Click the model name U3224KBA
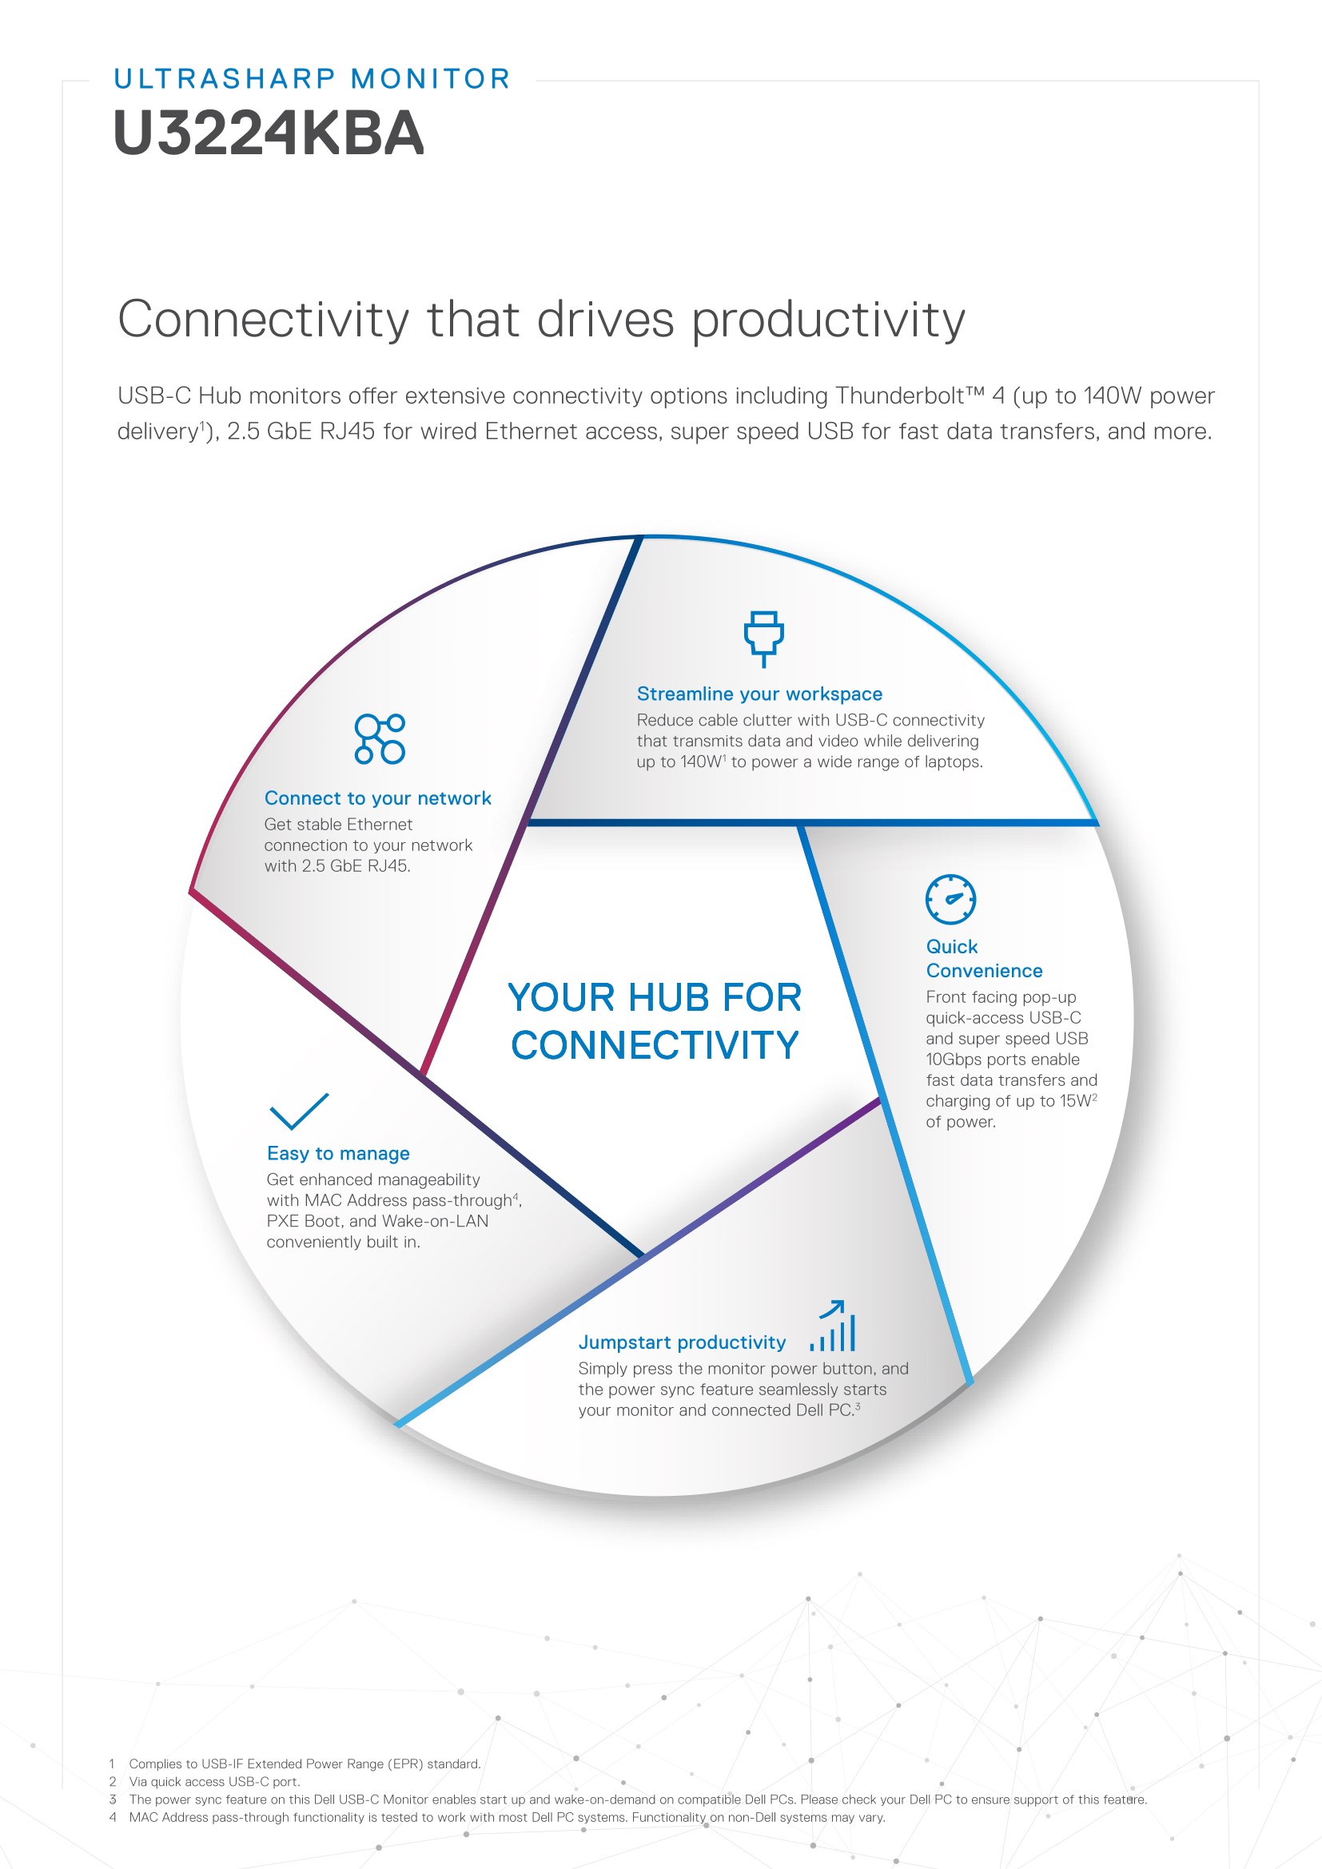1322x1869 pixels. [x=269, y=133]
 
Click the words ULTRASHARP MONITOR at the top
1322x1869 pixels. [x=313, y=79]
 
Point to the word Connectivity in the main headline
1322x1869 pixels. [x=264, y=319]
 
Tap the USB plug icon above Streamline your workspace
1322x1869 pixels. [x=763, y=638]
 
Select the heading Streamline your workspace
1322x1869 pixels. [x=759, y=694]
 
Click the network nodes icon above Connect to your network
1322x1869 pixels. [x=380, y=739]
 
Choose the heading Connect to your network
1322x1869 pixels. [x=378, y=797]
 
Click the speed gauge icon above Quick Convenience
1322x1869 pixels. [x=951, y=900]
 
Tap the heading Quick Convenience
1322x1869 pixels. [x=984, y=958]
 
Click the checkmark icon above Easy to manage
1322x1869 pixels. [x=299, y=1111]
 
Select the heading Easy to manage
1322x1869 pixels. [x=338, y=1154]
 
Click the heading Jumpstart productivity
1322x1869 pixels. [x=682, y=1342]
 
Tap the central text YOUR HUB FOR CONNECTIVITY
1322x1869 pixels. [x=655, y=1020]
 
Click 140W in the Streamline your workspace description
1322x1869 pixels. [x=701, y=762]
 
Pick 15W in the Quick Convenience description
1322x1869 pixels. [x=1076, y=1101]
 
